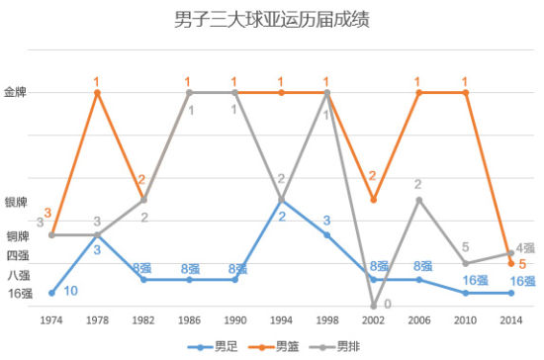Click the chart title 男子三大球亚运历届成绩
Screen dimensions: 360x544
[x=271, y=19]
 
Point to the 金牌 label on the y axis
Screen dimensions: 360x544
[x=17, y=92]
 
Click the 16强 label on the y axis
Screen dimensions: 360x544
[x=19, y=293]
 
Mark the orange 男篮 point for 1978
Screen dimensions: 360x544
[x=97, y=92]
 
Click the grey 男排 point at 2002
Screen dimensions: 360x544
[x=374, y=305]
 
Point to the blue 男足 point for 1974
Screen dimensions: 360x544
[x=51, y=292]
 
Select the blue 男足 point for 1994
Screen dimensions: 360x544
[x=281, y=200]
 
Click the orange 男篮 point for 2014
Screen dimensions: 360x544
[x=511, y=263]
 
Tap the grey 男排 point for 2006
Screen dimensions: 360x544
[x=419, y=200]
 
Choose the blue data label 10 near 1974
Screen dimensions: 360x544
[x=70, y=292]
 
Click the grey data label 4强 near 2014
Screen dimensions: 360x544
[x=525, y=247]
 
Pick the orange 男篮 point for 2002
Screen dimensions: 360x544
[x=374, y=200]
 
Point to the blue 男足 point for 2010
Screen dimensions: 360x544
[x=465, y=292]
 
